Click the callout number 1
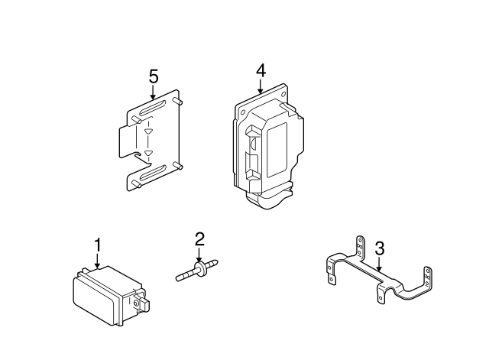(x=97, y=245)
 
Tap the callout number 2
(x=199, y=238)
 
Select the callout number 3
(x=379, y=248)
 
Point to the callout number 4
(x=261, y=70)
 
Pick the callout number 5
(x=153, y=76)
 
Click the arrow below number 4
(x=261, y=87)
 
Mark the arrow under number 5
(x=153, y=94)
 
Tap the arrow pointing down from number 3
(x=379, y=265)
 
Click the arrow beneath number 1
(x=97, y=262)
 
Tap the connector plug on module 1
(x=142, y=304)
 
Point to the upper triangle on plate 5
(x=148, y=131)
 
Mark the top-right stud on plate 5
(x=177, y=100)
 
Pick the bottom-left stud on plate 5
(x=134, y=183)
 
